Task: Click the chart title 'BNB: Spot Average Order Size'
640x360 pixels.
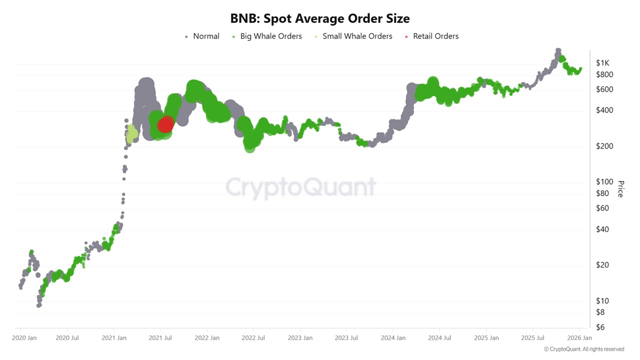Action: (x=320, y=18)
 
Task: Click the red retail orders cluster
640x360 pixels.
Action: (x=165, y=124)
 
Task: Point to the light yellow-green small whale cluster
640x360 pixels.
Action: (x=132, y=133)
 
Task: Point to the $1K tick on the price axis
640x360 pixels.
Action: (x=602, y=63)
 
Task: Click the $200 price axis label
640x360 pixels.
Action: (x=604, y=146)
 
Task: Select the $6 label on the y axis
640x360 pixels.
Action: (x=600, y=327)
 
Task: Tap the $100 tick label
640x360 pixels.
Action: (x=604, y=182)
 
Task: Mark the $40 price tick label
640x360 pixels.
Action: (x=602, y=229)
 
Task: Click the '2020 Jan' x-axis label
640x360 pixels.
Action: (x=24, y=338)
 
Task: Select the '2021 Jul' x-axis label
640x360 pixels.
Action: (x=161, y=338)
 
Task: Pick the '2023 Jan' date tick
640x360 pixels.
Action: (x=300, y=338)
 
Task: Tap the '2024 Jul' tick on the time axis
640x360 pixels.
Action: (x=440, y=338)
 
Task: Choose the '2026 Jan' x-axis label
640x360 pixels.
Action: (x=579, y=338)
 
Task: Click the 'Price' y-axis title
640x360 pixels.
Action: (x=620, y=189)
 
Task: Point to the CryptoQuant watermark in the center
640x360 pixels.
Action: (x=300, y=187)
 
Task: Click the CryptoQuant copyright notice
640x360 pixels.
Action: (x=584, y=349)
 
